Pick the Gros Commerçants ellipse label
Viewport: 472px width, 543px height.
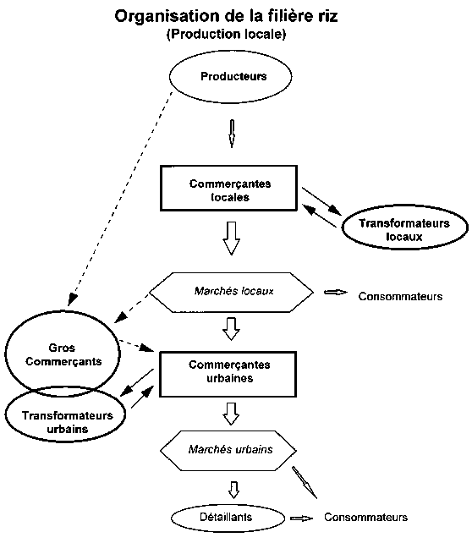pyautogui.click(x=63, y=354)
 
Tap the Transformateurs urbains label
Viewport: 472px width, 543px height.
pyautogui.click(x=68, y=422)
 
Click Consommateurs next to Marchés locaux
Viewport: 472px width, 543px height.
pyautogui.click(x=400, y=296)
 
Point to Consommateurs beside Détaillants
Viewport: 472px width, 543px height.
pyautogui.click(x=365, y=517)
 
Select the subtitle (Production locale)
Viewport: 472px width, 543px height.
pyautogui.click(x=227, y=34)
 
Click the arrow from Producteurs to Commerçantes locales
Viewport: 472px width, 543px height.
pyautogui.click(x=232, y=134)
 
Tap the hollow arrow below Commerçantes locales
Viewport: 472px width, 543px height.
pyautogui.click(x=231, y=239)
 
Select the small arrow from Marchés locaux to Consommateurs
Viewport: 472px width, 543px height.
pyautogui.click(x=336, y=293)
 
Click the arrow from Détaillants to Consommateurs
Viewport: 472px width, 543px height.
pyautogui.click(x=302, y=518)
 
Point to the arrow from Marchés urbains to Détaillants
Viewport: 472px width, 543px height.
pyautogui.click(x=234, y=490)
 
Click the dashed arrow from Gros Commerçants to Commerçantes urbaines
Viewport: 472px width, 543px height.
pyautogui.click(x=137, y=346)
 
